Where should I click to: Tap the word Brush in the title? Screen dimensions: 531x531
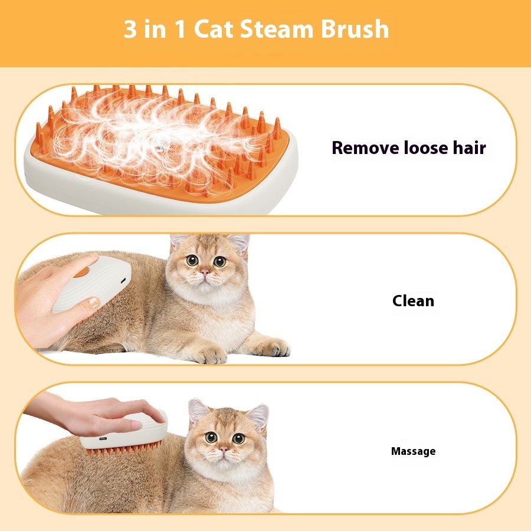pyautogui.click(x=356, y=29)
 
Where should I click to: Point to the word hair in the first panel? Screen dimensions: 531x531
pyautogui.click(x=470, y=147)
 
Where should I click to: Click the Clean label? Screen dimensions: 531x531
pyautogui.click(x=413, y=301)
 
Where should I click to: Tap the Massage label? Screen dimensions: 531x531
pyautogui.click(x=413, y=451)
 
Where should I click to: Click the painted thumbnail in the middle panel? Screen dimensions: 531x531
pyautogui.click(x=93, y=304)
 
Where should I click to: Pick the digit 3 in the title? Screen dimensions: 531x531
pyautogui.click(x=129, y=29)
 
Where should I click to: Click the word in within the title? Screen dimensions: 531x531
pyautogui.click(x=155, y=29)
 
